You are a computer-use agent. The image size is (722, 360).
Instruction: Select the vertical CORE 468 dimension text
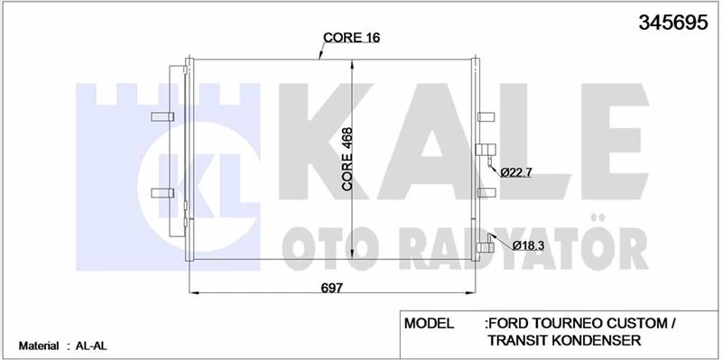pyautogui.click(x=347, y=158)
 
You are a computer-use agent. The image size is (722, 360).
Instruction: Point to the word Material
pyautogui.click(x=38, y=346)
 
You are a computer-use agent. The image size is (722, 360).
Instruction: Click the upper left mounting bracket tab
pyautogui.click(x=163, y=117)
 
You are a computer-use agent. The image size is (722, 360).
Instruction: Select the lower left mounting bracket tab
pyautogui.click(x=163, y=191)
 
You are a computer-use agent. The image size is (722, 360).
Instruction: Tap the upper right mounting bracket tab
pyautogui.click(x=486, y=117)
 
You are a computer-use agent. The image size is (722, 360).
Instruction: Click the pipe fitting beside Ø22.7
pyautogui.click(x=486, y=152)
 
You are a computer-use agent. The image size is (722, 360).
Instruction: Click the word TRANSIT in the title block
pyautogui.click(x=518, y=340)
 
